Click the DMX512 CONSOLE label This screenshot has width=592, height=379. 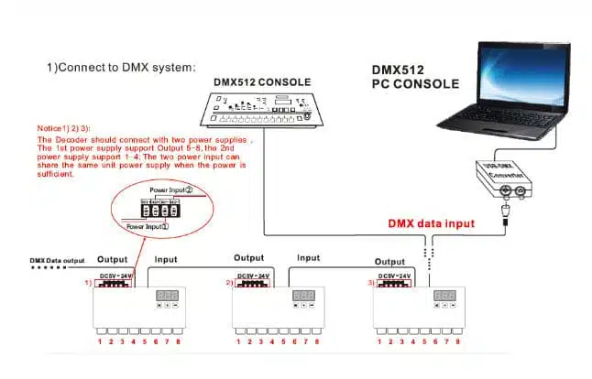click(261, 80)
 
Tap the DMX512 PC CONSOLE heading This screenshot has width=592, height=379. click(414, 77)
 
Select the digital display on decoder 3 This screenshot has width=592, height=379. click(444, 296)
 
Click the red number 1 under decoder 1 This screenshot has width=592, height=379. click(101, 341)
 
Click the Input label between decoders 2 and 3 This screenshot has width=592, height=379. click(309, 259)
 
